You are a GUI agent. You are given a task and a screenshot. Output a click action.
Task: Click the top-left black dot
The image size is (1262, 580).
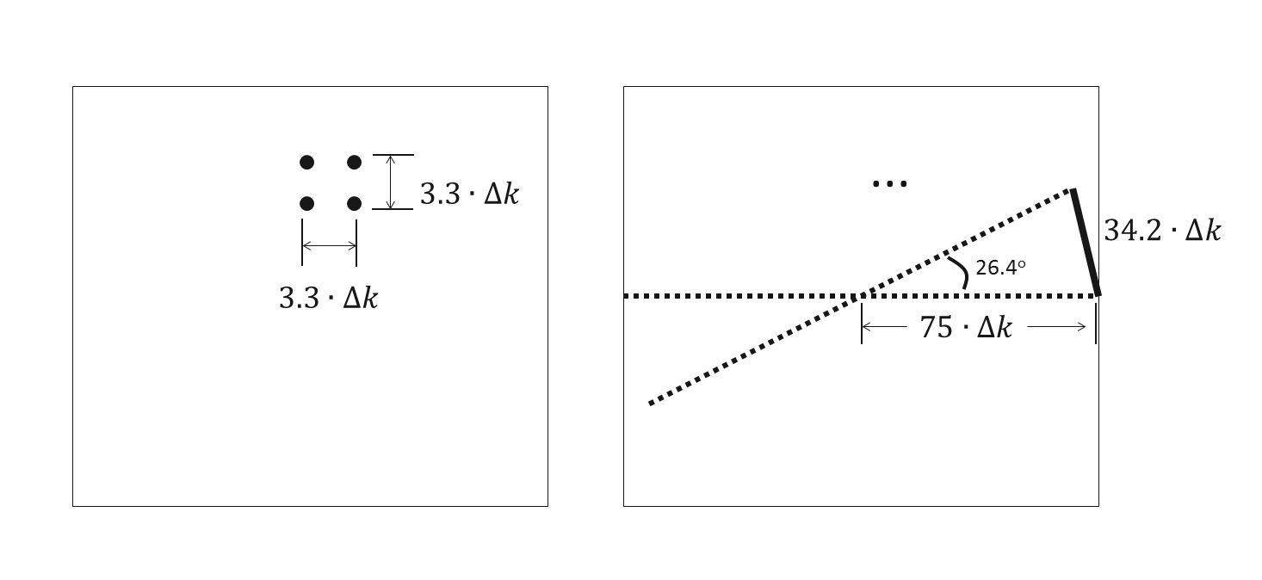(306, 162)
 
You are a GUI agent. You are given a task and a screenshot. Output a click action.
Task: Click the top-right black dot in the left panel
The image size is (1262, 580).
(354, 162)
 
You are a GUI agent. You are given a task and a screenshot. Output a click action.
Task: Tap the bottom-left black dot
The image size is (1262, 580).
(306, 203)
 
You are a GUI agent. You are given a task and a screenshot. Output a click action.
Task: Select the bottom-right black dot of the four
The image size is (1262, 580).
(354, 203)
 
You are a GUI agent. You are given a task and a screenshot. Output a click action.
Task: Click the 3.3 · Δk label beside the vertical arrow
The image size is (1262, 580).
(469, 194)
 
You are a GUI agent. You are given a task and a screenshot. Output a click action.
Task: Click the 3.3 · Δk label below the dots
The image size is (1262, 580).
(328, 298)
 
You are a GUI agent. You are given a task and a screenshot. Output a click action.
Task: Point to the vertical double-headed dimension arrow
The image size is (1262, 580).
(391, 182)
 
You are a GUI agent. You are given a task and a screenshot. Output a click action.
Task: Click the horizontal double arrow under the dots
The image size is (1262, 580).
(329, 245)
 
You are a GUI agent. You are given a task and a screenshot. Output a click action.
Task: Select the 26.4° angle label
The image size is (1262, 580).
(999, 268)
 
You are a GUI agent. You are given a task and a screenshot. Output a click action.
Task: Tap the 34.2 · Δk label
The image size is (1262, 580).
(1161, 231)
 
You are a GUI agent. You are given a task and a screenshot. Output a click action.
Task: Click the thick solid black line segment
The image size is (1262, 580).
(1085, 242)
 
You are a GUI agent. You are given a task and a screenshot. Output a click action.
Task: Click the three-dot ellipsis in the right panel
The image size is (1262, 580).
(889, 183)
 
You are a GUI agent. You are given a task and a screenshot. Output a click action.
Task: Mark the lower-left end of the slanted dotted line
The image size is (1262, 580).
(652, 403)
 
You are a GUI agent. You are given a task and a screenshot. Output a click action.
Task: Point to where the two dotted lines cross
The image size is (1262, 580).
(857, 296)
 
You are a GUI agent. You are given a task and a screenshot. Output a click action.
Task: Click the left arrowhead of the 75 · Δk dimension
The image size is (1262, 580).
(866, 327)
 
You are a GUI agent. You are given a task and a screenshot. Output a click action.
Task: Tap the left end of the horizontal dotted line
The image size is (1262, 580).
(627, 296)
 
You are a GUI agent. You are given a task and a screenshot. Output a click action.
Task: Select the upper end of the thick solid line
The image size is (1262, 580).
(1073, 190)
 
